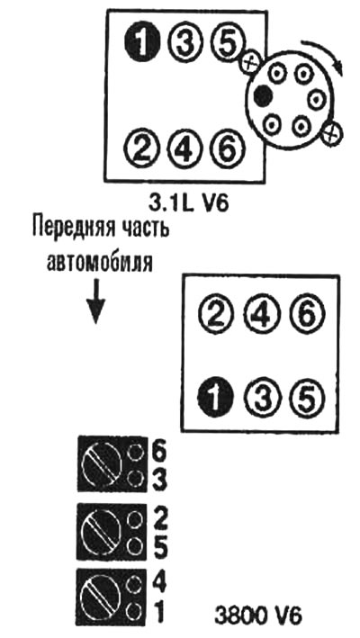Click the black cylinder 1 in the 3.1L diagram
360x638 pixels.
[141, 41]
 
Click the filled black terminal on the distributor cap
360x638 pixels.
[263, 96]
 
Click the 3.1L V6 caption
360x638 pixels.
[189, 203]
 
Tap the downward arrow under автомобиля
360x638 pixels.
[95, 301]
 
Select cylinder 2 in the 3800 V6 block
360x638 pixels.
[215, 316]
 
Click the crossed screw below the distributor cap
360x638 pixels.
[332, 132]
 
